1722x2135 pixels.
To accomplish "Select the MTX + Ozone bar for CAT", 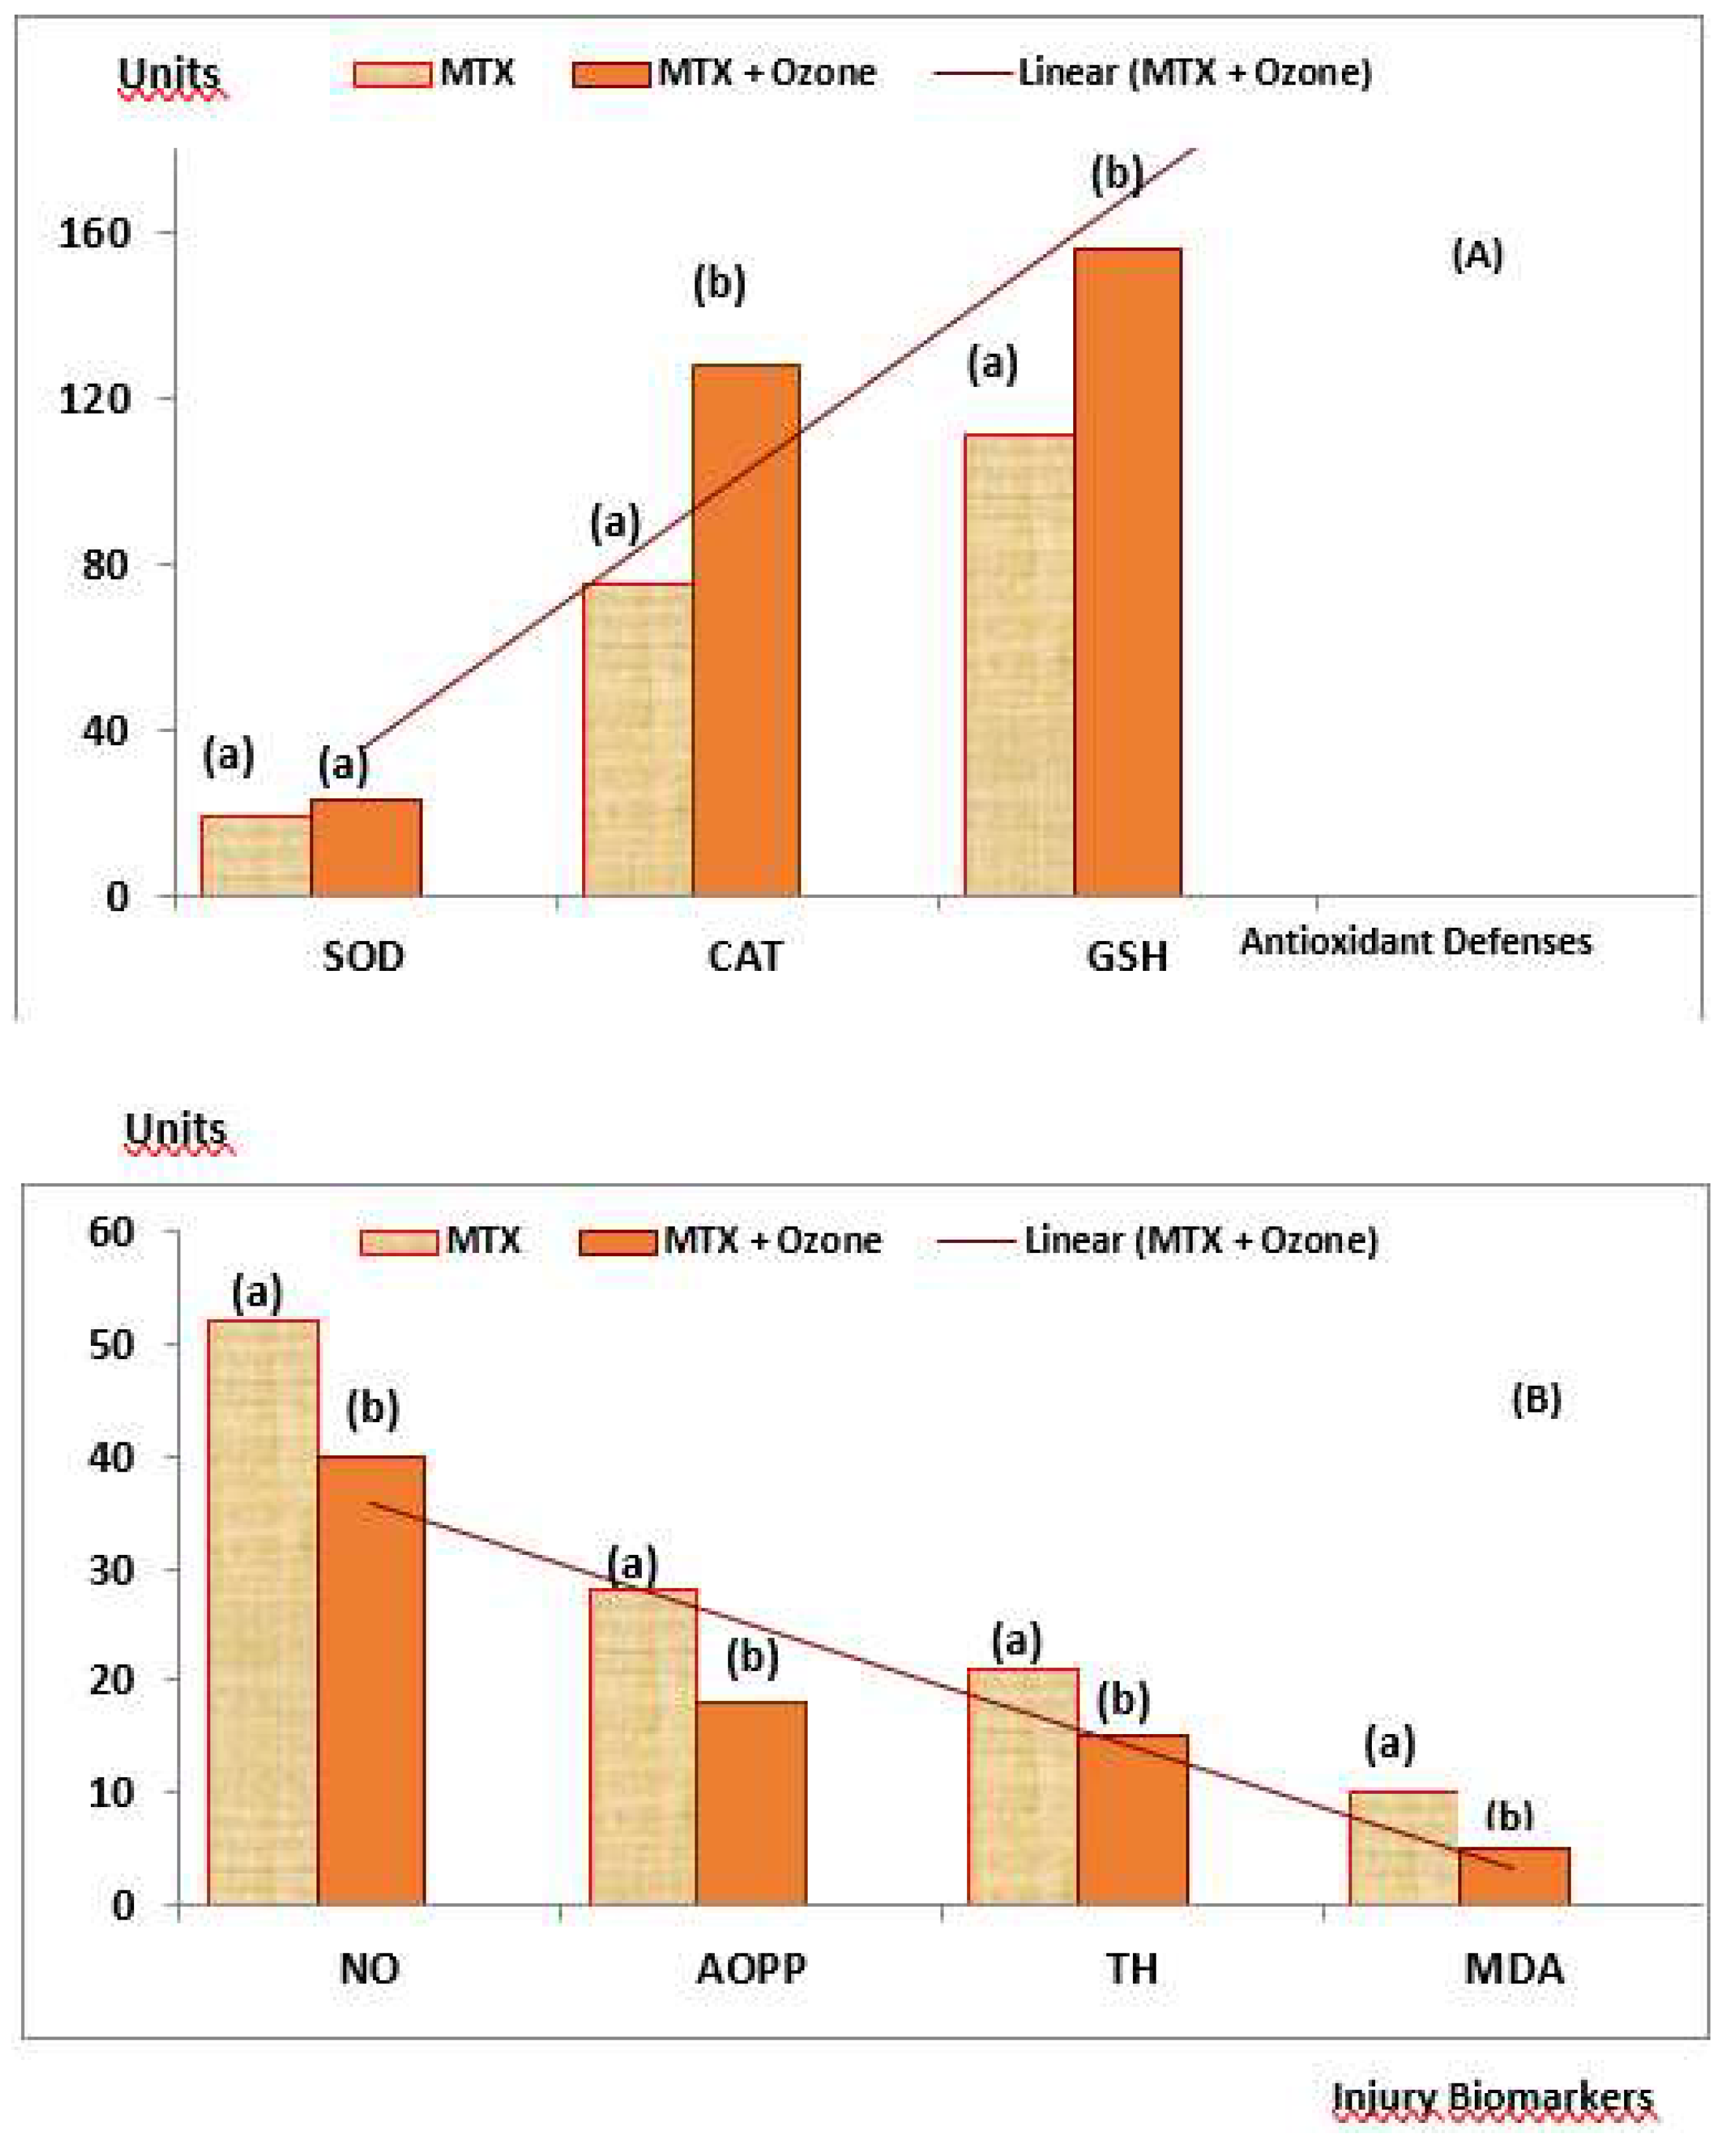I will [746, 631].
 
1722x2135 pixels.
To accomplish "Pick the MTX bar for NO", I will [263, 1611].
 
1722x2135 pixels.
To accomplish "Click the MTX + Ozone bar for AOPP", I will [751, 1803].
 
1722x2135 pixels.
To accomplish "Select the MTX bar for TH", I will [1022, 1787].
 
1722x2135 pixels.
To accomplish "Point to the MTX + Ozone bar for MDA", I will [1514, 1875].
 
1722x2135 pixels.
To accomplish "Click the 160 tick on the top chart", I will [94, 234].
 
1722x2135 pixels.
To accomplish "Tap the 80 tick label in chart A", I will [105, 566].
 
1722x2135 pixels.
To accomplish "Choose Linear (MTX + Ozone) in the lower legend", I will [1200, 1240].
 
